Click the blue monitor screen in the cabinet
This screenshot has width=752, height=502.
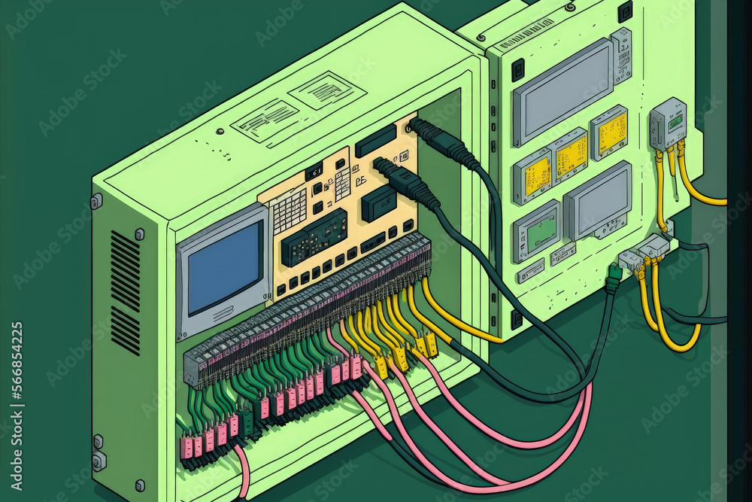click(223, 269)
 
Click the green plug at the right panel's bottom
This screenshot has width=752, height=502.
click(613, 279)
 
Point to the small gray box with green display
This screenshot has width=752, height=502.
click(669, 123)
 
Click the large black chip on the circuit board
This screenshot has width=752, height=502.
click(314, 237)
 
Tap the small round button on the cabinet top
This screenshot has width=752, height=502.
click(220, 131)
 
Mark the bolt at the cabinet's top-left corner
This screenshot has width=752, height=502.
click(96, 201)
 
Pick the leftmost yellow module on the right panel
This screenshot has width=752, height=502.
click(532, 177)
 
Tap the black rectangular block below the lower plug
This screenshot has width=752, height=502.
click(379, 203)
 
